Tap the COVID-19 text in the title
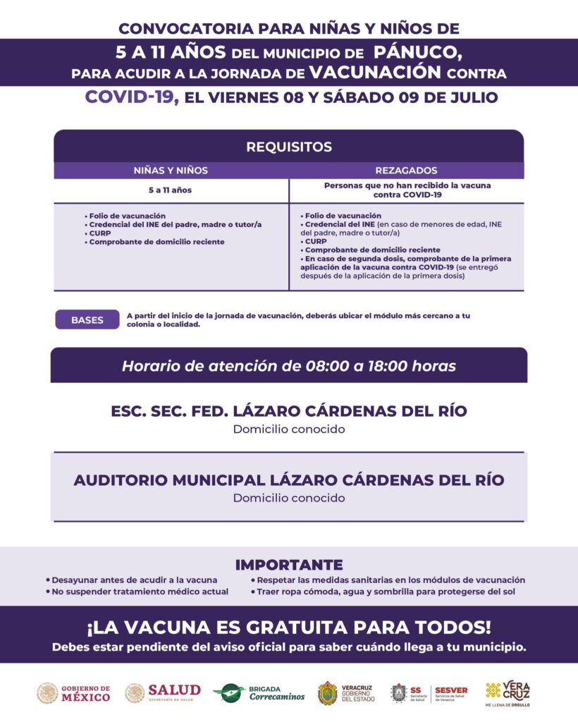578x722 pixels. tap(131, 97)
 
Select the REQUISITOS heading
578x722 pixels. tap(289, 147)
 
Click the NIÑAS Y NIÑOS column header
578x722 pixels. tap(171, 171)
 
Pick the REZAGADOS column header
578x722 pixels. tap(407, 171)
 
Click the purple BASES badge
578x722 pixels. tap(87, 319)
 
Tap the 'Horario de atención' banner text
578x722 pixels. tap(289, 367)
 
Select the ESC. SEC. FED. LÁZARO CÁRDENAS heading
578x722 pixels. tap(289, 411)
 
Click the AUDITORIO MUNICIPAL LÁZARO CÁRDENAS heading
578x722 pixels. tap(289, 480)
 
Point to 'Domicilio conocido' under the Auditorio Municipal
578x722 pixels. tap(289, 498)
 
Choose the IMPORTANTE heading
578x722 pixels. tap(289, 565)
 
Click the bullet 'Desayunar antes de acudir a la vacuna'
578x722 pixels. tap(131, 580)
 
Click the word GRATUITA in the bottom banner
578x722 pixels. tap(307, 627)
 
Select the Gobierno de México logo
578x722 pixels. tap(74, 693)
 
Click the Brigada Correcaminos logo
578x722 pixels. tap(259, 693)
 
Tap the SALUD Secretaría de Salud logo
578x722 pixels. tap(163, 692)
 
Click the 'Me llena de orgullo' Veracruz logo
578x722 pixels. tap(508, 693)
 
